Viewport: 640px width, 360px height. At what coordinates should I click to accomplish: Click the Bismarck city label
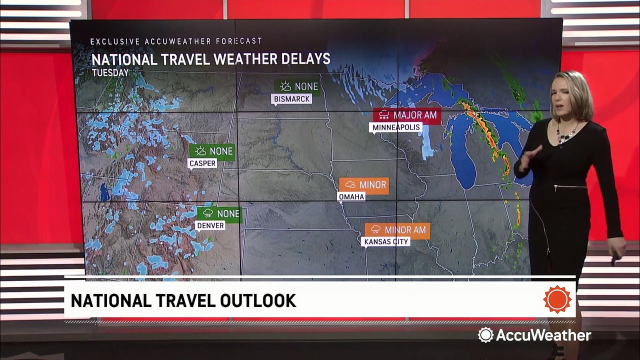pyautogui.click(x=292, y=99)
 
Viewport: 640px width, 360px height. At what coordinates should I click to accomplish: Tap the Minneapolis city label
pyautogui.click(x=396, y=127)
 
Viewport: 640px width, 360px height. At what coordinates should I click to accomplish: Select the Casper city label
pyautogui.click(x=202, y=163)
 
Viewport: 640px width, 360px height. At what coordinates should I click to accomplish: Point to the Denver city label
pyautogui.click(x=210, y=225)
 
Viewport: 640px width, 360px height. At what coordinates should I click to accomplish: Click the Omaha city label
pyautogui.click(x=351, y=196)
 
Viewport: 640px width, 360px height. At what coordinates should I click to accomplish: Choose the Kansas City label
pyautogui.click(x=386, y=242)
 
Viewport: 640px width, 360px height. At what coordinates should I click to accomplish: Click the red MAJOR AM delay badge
pyautogui.click(x=407, y=115)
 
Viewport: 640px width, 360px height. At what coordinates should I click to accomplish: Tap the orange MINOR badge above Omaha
pyautogui.click(x=363, y=185)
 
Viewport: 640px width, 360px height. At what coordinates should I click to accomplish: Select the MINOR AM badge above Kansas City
pyautogui.click(x=397, y=230)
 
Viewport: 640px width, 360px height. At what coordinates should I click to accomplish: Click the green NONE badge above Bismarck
pyautogui.click(x=297, y=86)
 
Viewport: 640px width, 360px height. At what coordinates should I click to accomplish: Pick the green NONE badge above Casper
pyautogui.click(x=212, y=151)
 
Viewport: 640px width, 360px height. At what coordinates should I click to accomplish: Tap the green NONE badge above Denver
pyautogui.click(x=219, y=214)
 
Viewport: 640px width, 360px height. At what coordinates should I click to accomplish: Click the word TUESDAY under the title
pyautogui.click(x=110, y=72)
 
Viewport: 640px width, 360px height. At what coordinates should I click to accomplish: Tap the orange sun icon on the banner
pyautogui.click(x=557, y=299)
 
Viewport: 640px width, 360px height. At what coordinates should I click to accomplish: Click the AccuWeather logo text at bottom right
pyautogui.click(x=542, y=335)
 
